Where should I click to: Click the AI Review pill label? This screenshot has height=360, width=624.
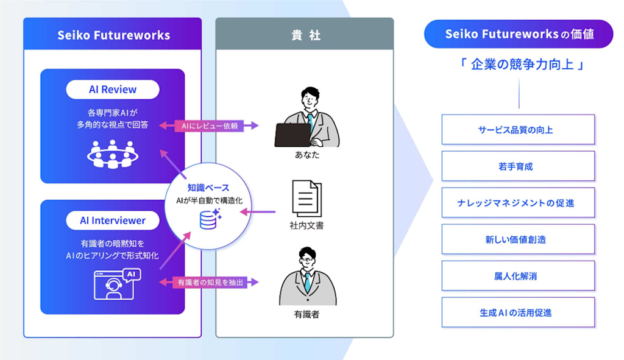pyautogui.click(x=113, y=90)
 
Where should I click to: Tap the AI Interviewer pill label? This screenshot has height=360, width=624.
pyautogui.click(x=113, y=221)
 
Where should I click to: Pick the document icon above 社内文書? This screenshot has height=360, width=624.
pyautogui.click(x=307, y=199)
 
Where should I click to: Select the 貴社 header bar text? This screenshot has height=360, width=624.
pyautogui.click(x=305, y=35)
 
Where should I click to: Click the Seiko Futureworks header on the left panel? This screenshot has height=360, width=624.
pyautogui.click(x=113, y=35)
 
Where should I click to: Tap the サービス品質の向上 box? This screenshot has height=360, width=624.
pyautogui.click(x=518, y=130)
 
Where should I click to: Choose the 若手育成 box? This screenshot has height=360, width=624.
pyautogui.click(x=518, y=166)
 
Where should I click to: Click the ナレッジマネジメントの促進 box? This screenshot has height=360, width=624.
pyautogui.click(x=518, y=203)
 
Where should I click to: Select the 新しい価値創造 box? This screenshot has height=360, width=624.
pyautogui.click(x=518, y=239)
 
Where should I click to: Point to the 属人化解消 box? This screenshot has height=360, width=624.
pyautogui.click(x=518, y=276)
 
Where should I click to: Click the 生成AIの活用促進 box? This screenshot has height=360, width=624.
pyautogui.click(x=518, y=312)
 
